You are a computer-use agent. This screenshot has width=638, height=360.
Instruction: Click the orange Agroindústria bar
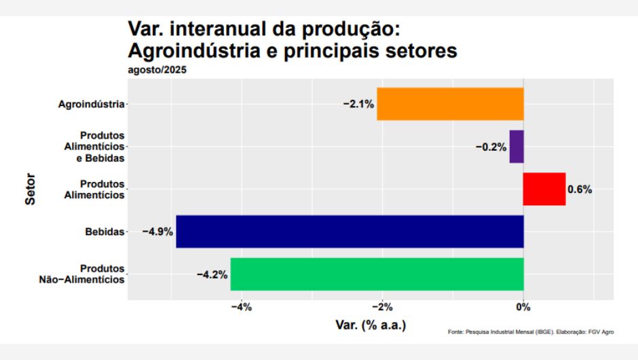pos(450,104)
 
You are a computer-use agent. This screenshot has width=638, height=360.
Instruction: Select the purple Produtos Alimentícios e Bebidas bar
pos(517,147)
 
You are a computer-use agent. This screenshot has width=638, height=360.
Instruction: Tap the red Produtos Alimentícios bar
pos(544,189)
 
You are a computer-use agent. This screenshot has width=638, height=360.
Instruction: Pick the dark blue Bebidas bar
pos(350,232)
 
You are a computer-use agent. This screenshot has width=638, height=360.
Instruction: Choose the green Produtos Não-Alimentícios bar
pos(377,274)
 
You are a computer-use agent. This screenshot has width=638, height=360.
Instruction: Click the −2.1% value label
pos(358,104)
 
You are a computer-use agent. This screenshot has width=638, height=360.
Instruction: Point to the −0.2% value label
pos(491,147)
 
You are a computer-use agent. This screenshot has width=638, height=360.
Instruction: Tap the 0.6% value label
pos(580,190)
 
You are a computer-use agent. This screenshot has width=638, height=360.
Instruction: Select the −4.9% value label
pos(157,232)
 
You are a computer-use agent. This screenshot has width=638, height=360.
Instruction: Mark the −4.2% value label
pos(212,274)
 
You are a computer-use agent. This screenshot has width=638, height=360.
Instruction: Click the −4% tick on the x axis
pos(241,308)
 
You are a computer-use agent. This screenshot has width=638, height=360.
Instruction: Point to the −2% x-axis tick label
pos(382,308)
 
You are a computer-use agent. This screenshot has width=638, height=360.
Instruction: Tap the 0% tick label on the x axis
pos(523,308)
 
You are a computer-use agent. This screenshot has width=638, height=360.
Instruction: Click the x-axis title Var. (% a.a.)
pos(371,325)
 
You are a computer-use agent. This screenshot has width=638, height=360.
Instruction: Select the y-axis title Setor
pos(31,190)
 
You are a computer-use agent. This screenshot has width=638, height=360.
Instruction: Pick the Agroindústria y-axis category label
pos(92,104)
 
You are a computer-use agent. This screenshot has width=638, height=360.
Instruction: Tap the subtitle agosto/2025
pos(157,69)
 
